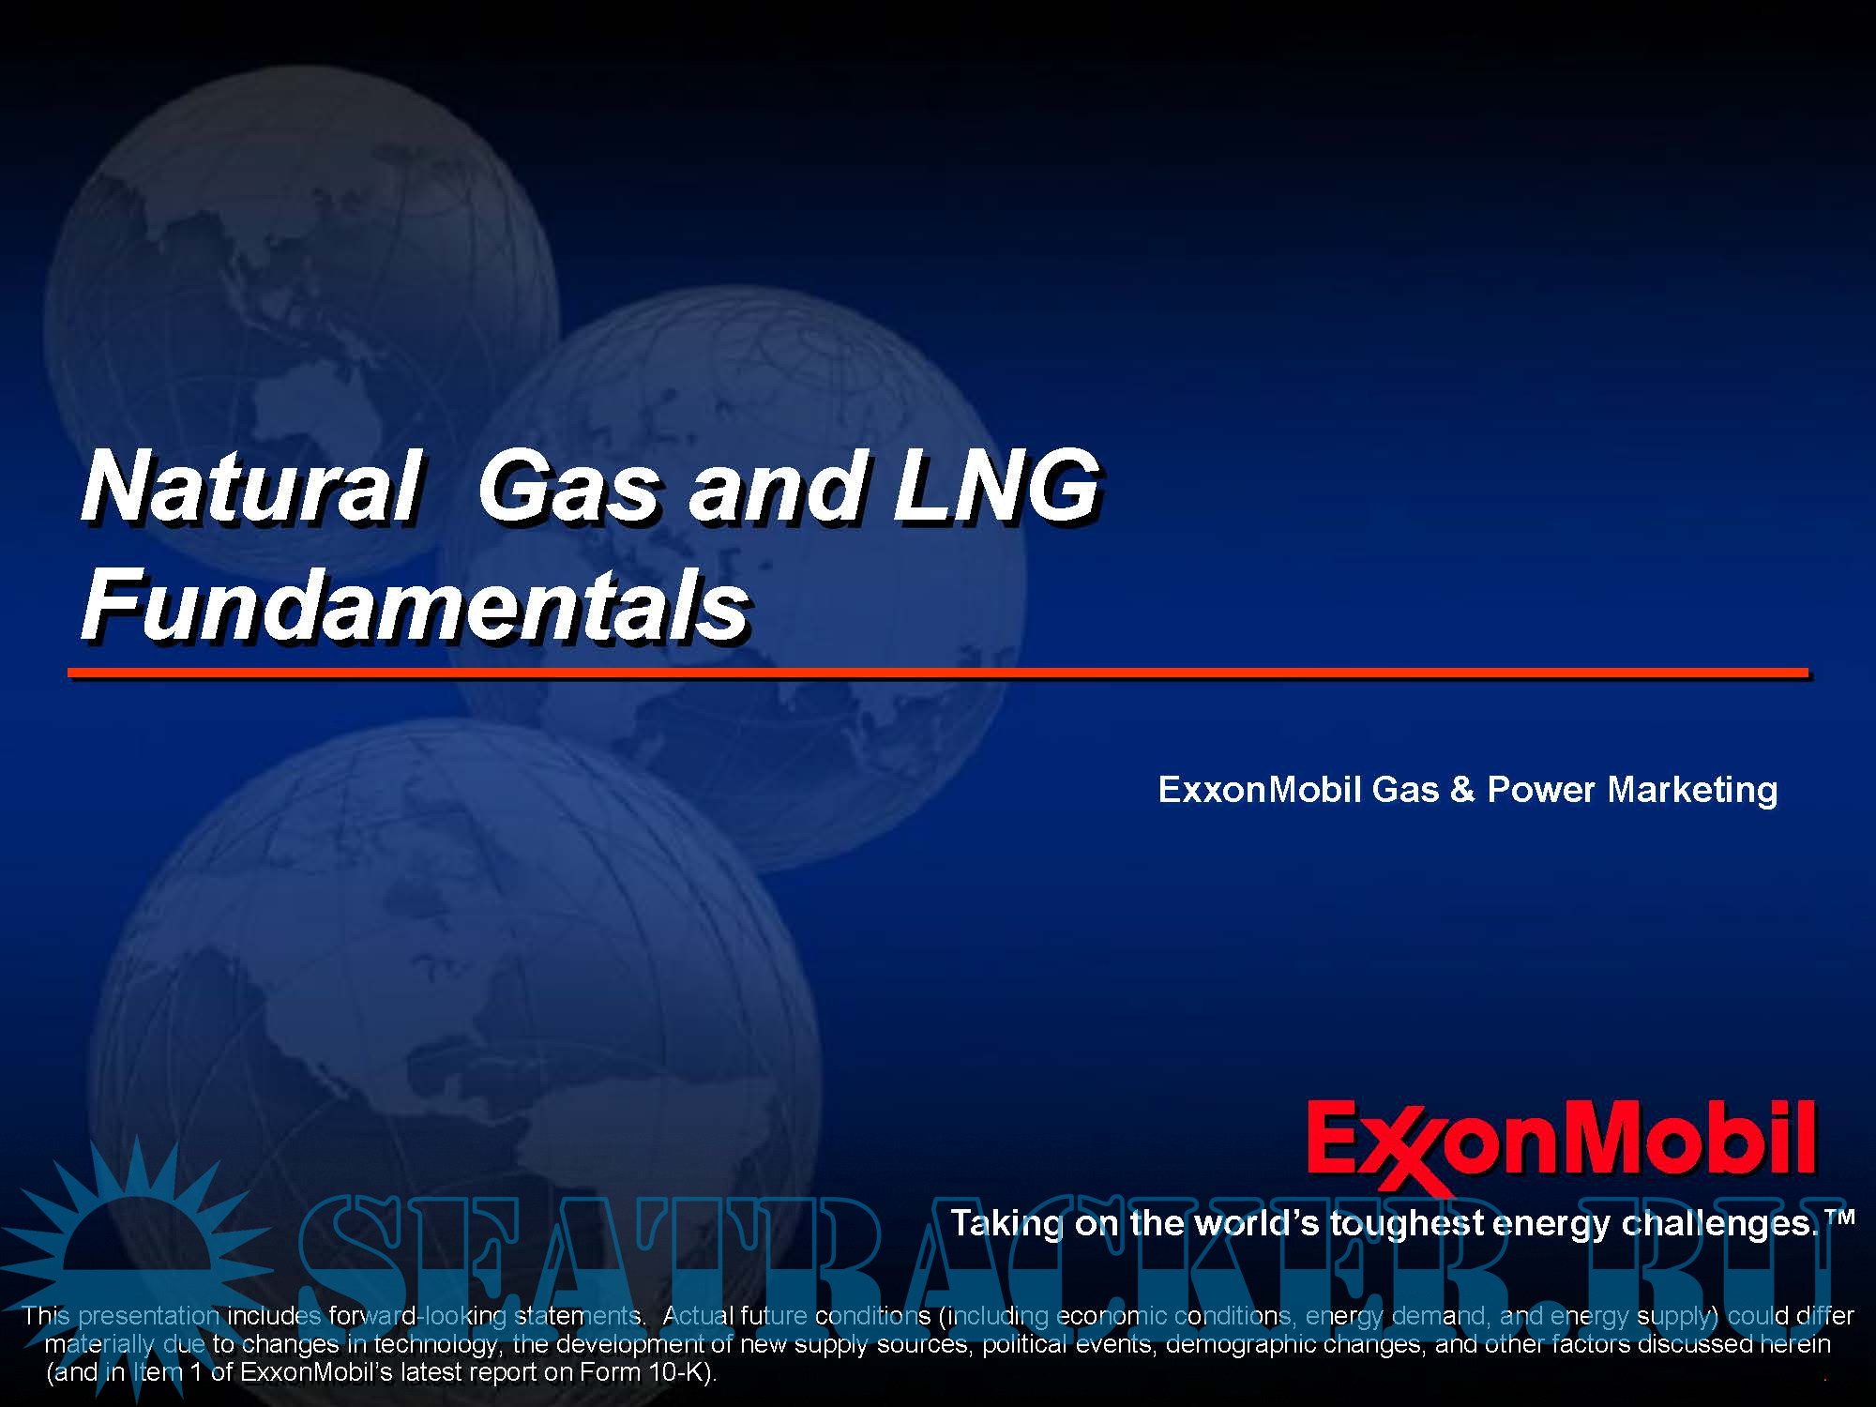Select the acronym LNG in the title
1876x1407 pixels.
click(996, 487)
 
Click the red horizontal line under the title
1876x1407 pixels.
click(938, 673)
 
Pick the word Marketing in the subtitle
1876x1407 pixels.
click(1692, 790)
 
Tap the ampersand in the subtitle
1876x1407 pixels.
click(1462, 790)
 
